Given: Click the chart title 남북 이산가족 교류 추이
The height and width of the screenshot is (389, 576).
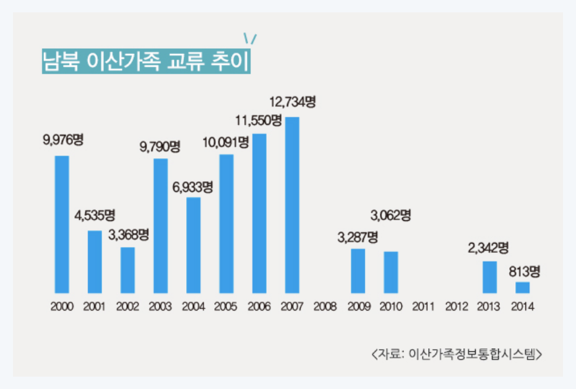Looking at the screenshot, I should [145, 62].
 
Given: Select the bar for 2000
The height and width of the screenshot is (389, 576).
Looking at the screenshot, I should [62, 224].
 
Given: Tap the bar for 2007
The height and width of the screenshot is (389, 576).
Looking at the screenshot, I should [292, 204].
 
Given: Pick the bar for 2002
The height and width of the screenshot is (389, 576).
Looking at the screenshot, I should [127, 270].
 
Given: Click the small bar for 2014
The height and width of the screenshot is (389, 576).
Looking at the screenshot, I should [523, 287].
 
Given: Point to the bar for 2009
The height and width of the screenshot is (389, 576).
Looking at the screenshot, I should [358, 270].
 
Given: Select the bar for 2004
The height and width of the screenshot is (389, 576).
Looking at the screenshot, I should [194, 245].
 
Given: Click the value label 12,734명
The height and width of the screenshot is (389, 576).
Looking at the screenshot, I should [293, 100].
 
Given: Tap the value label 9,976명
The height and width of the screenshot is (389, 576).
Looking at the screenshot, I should [62, 140].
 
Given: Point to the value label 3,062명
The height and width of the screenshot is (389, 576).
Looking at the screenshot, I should [391, 216].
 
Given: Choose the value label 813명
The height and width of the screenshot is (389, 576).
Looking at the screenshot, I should [525, 271].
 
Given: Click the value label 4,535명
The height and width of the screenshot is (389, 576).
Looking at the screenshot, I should [95, 216].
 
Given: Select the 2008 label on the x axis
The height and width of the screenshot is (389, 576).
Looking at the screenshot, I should [325, 307].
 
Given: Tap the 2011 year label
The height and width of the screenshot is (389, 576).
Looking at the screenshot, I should [424, 307].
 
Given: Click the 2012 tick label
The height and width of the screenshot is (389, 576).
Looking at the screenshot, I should [457, 307].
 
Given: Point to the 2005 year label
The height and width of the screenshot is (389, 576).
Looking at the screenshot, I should [226, 307].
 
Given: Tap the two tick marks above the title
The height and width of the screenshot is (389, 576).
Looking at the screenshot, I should [250, 38].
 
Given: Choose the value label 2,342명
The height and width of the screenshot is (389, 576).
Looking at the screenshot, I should [488, 248].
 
